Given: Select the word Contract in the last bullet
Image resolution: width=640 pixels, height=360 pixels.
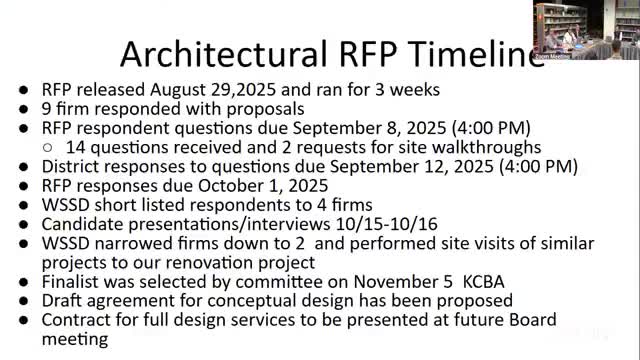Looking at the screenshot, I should [77, 319].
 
